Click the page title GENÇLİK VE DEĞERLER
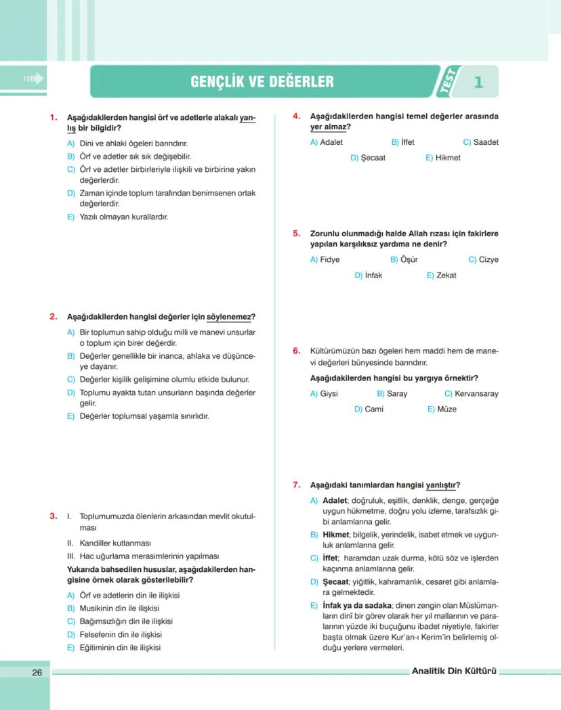262,82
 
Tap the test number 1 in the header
478,83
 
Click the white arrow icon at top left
33,79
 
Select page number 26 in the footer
37,672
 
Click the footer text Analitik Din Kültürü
454,671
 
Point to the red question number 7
297,485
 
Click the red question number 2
53,317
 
